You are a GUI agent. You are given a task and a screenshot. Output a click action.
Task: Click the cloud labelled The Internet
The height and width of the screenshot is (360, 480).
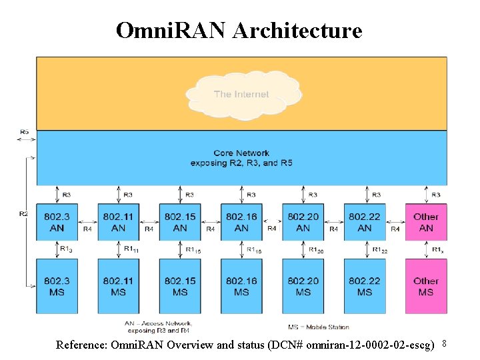[241, 93]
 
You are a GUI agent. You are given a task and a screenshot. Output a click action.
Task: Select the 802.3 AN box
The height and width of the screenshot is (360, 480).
[57, 222]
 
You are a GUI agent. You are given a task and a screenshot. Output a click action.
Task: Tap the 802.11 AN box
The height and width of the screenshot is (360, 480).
[118, 222]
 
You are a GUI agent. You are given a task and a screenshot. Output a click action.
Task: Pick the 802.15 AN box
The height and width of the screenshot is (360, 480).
[180, 222]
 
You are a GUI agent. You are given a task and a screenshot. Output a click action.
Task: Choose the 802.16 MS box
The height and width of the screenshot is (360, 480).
[241, 286]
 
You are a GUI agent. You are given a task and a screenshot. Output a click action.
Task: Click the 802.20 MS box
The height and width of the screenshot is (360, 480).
[303, 286]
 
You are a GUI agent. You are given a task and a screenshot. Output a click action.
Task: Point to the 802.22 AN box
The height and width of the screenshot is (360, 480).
[365, 222]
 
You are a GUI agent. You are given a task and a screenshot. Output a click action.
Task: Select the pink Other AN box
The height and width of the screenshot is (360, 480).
[426, 222]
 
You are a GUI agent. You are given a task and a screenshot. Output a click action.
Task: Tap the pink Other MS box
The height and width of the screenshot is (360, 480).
[426, 286]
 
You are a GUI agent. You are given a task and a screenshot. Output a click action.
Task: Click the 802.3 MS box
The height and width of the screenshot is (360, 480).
[57, 286]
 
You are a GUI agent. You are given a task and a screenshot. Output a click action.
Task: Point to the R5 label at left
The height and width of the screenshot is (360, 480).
[24, 132]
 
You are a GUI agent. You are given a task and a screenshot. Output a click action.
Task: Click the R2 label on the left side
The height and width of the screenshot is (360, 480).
[24, 213]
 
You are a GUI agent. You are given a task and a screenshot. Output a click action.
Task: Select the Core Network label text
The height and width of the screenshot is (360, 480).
[241, 153]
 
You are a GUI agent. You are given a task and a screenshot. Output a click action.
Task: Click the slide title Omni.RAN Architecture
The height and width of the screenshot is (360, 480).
[239, 30]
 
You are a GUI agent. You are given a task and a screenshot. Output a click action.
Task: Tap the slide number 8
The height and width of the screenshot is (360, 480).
[443, 343]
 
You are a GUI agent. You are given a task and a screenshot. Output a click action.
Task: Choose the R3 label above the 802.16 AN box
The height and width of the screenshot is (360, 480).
[251, 195]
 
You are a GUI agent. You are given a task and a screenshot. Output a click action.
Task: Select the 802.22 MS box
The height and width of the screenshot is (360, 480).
[365, 286]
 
